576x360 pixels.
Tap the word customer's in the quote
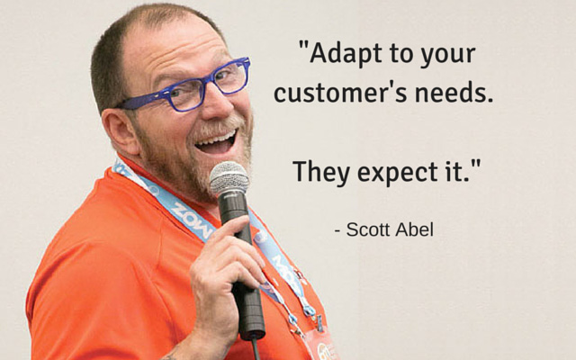click(340, 93)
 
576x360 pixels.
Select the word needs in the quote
click(454, 93)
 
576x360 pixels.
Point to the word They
click(321, 173)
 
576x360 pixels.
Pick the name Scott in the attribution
click(368, 229)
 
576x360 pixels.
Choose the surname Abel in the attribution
click(414, 229)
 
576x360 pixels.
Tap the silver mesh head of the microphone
click(229, 178)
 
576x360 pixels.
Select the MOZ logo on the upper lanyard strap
click(192, 220)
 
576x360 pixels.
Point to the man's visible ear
click(120, 130)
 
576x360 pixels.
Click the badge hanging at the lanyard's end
click(319, 345)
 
